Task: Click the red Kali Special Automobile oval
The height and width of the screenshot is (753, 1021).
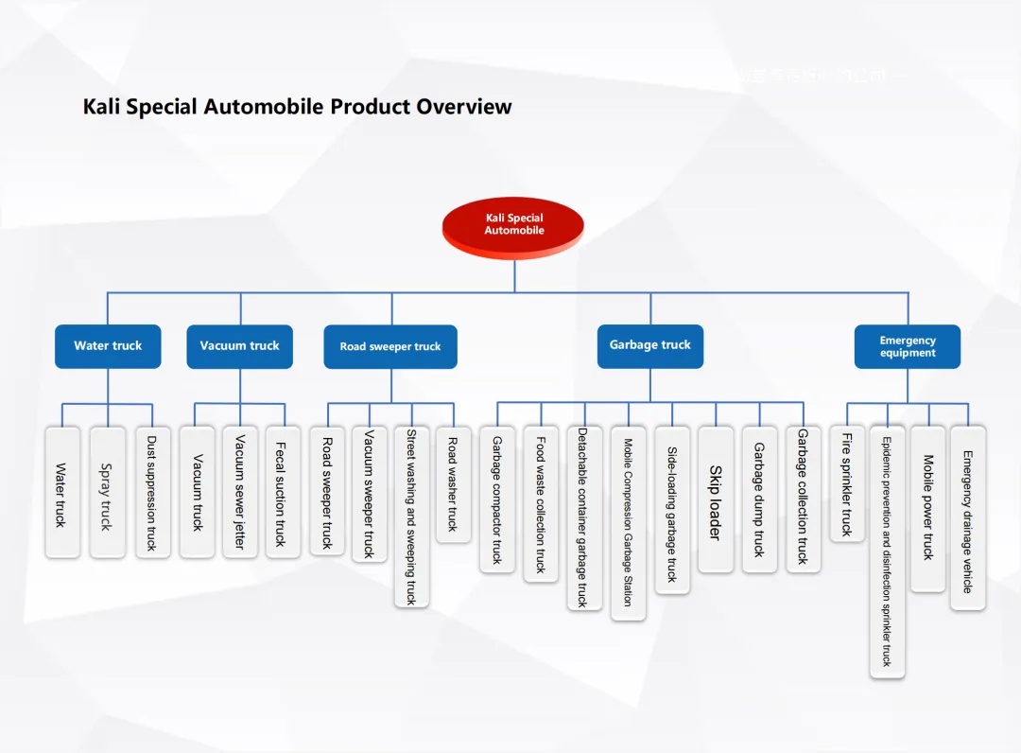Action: pyautogui.click(x=513, y=225)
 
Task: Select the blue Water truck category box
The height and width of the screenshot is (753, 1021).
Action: pyautogui.click(x=108, y=346)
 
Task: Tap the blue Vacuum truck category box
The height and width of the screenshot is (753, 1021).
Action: pyautogui.click(x=239, y=346)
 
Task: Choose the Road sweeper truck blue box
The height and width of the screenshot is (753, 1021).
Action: pyautogui.click(x=390, y=347)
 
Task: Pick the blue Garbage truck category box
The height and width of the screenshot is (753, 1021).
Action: pyautogui.click(x=649, y=346)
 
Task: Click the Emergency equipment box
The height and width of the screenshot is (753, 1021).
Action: pyautogui.click(x=908, y=347)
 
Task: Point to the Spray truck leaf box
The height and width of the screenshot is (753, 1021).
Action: pyautogui.click(x=107, y=492)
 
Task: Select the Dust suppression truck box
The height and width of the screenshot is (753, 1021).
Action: pyautogui.click(x=152, y=492)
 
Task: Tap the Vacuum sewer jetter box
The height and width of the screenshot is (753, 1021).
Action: pyautogui.click(x=240, y=492)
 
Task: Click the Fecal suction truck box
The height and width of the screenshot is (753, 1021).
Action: pyautogui.click(x=283, y=492)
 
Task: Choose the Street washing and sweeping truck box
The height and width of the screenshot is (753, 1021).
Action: pyautogui.click(x=411, y=517)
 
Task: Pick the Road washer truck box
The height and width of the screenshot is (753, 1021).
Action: pyautogui.click(x=453, y=484)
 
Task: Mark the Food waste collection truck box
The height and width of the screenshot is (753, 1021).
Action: pyautogui.click(x=541, y=503)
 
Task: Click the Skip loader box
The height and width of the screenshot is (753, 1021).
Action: pyautogui.click(x=716, y=500)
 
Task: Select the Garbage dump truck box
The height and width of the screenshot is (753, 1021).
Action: pyautogui.click(x=759, y=499)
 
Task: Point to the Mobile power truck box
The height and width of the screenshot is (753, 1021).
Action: pyautogui.click(x=928, y=508)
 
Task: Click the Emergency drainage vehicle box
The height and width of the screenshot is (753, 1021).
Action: pyautogui.click(x=968, y=517)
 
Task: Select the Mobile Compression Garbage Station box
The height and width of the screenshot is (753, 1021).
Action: pyautogui.click(x=629, y=522)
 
